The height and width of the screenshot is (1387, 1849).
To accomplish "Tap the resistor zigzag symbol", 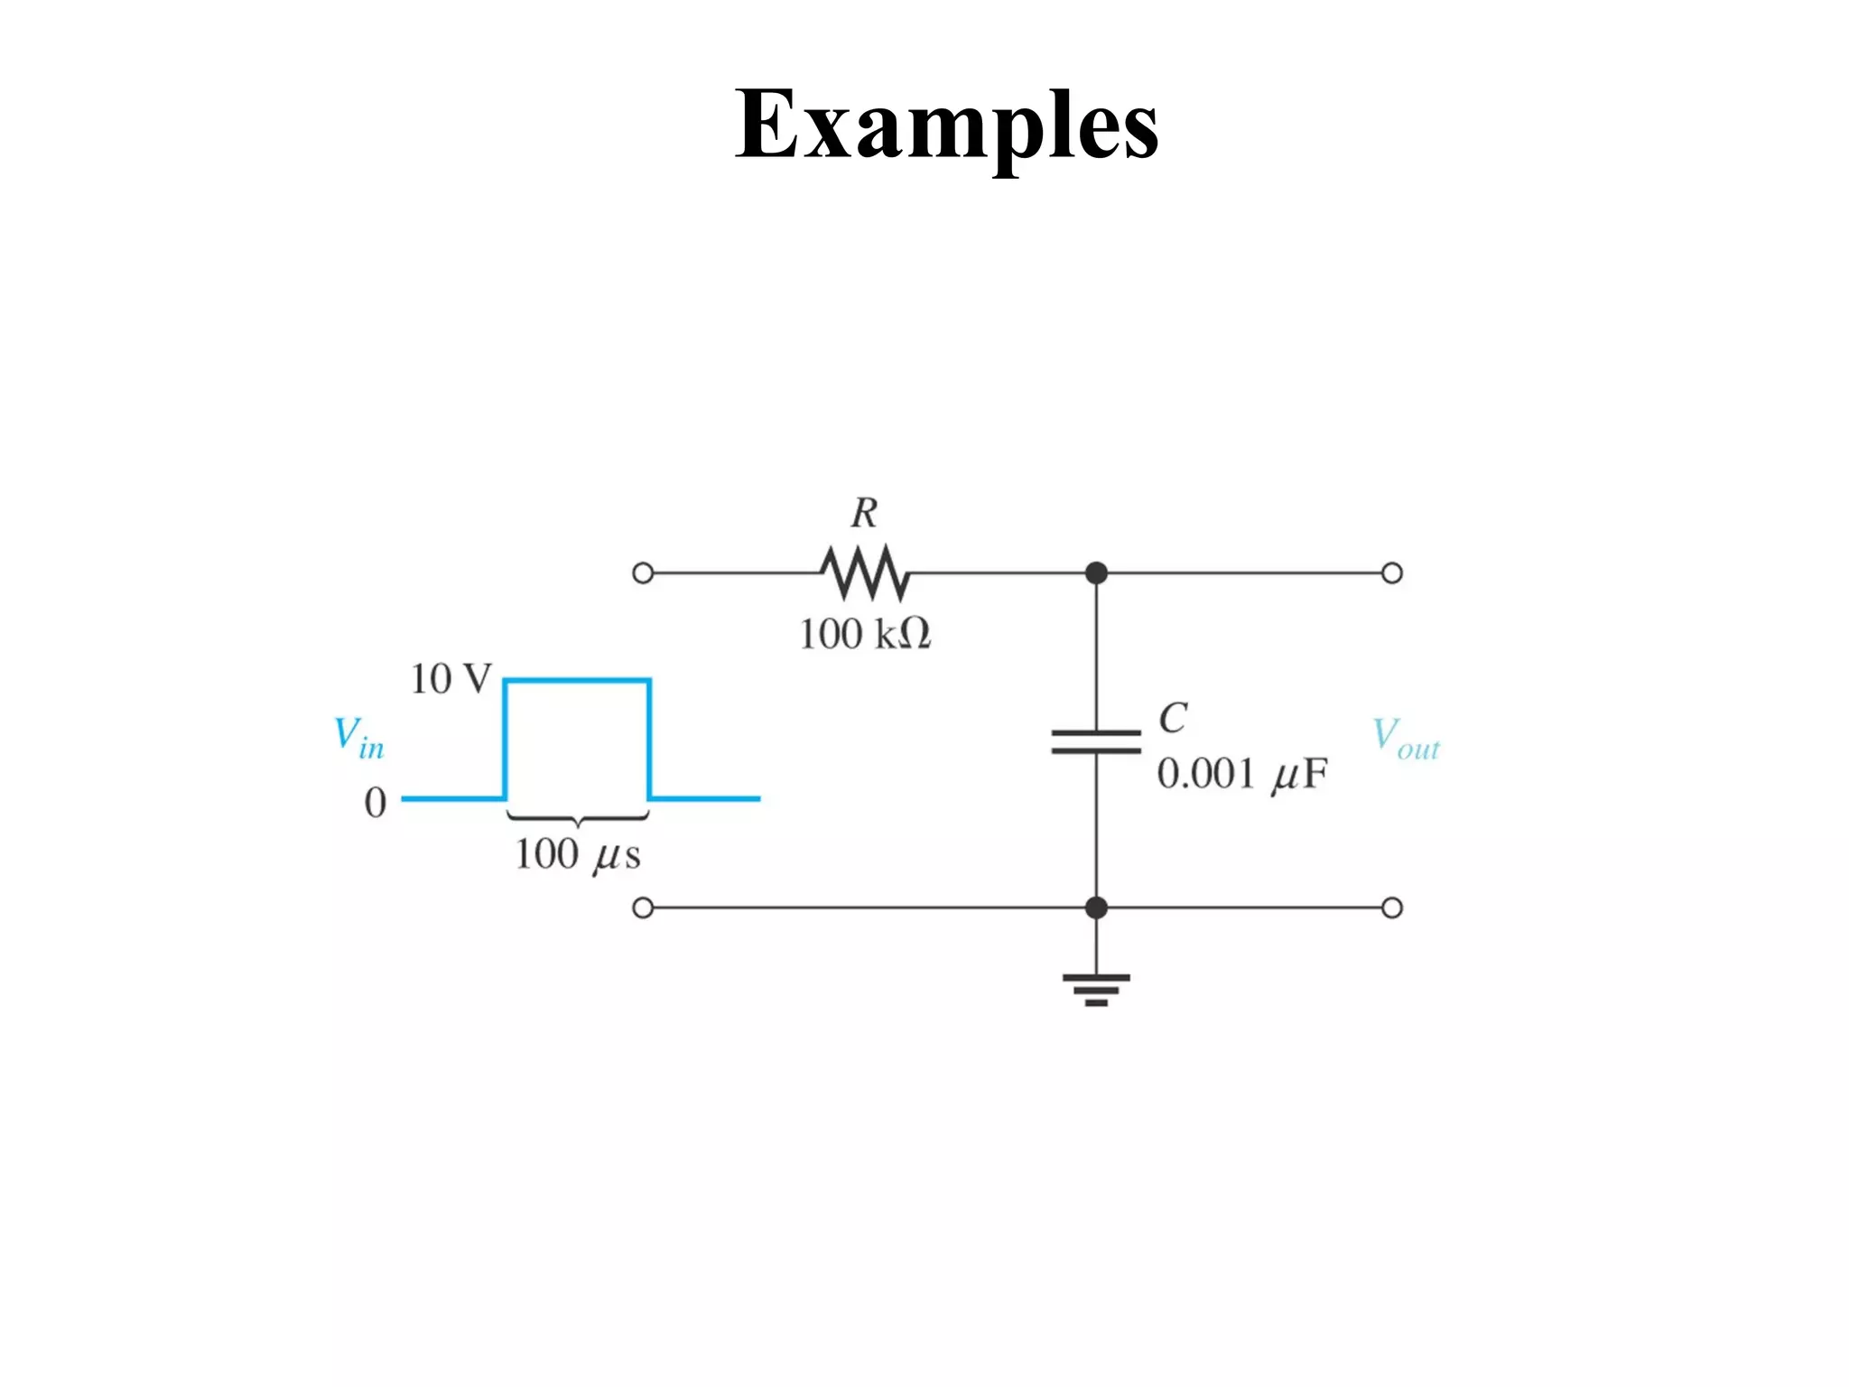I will [865, 572].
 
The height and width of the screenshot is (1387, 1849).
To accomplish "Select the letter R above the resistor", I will [864, 513].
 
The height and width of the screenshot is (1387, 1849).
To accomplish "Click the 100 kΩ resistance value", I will [864, 634].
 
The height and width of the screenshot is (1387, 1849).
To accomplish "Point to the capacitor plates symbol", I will [1096, 741].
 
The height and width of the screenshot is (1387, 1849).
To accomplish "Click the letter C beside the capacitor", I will [1173, 718].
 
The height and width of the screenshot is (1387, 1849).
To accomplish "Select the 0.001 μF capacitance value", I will [1242, 775].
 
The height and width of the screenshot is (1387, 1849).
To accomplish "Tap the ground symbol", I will [1096, 990].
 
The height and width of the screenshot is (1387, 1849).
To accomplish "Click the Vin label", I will [358, 738].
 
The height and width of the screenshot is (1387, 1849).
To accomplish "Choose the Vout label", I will [1406, 739].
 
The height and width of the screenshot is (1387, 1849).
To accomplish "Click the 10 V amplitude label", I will [451, 679].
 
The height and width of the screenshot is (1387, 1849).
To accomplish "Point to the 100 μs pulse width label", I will [578, 854].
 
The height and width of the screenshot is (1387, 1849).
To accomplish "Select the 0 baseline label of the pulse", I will [376, 802].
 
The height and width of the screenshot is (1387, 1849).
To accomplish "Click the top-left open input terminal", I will [643, 573].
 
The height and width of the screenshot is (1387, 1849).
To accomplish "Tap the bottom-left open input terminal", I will [643, 908].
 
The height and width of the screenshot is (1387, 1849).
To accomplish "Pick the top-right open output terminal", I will [1392, 573].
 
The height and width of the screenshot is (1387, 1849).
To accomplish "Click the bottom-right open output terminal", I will [1392, 908].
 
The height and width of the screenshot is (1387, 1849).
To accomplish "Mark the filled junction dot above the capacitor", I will [1096, 572].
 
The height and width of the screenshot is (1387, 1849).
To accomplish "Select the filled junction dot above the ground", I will [1096, 908].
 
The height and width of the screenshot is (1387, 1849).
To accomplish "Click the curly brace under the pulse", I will [578, 819].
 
